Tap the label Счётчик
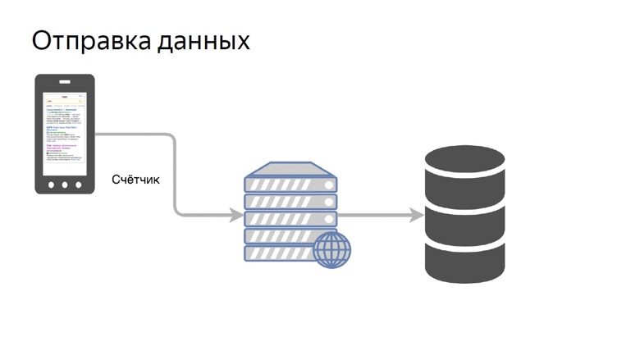click(136, 180)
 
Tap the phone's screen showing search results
click(65, 131)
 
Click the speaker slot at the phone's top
click(65, 82)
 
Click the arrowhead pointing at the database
click(417, 216)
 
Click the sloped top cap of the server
click(290, 167)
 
